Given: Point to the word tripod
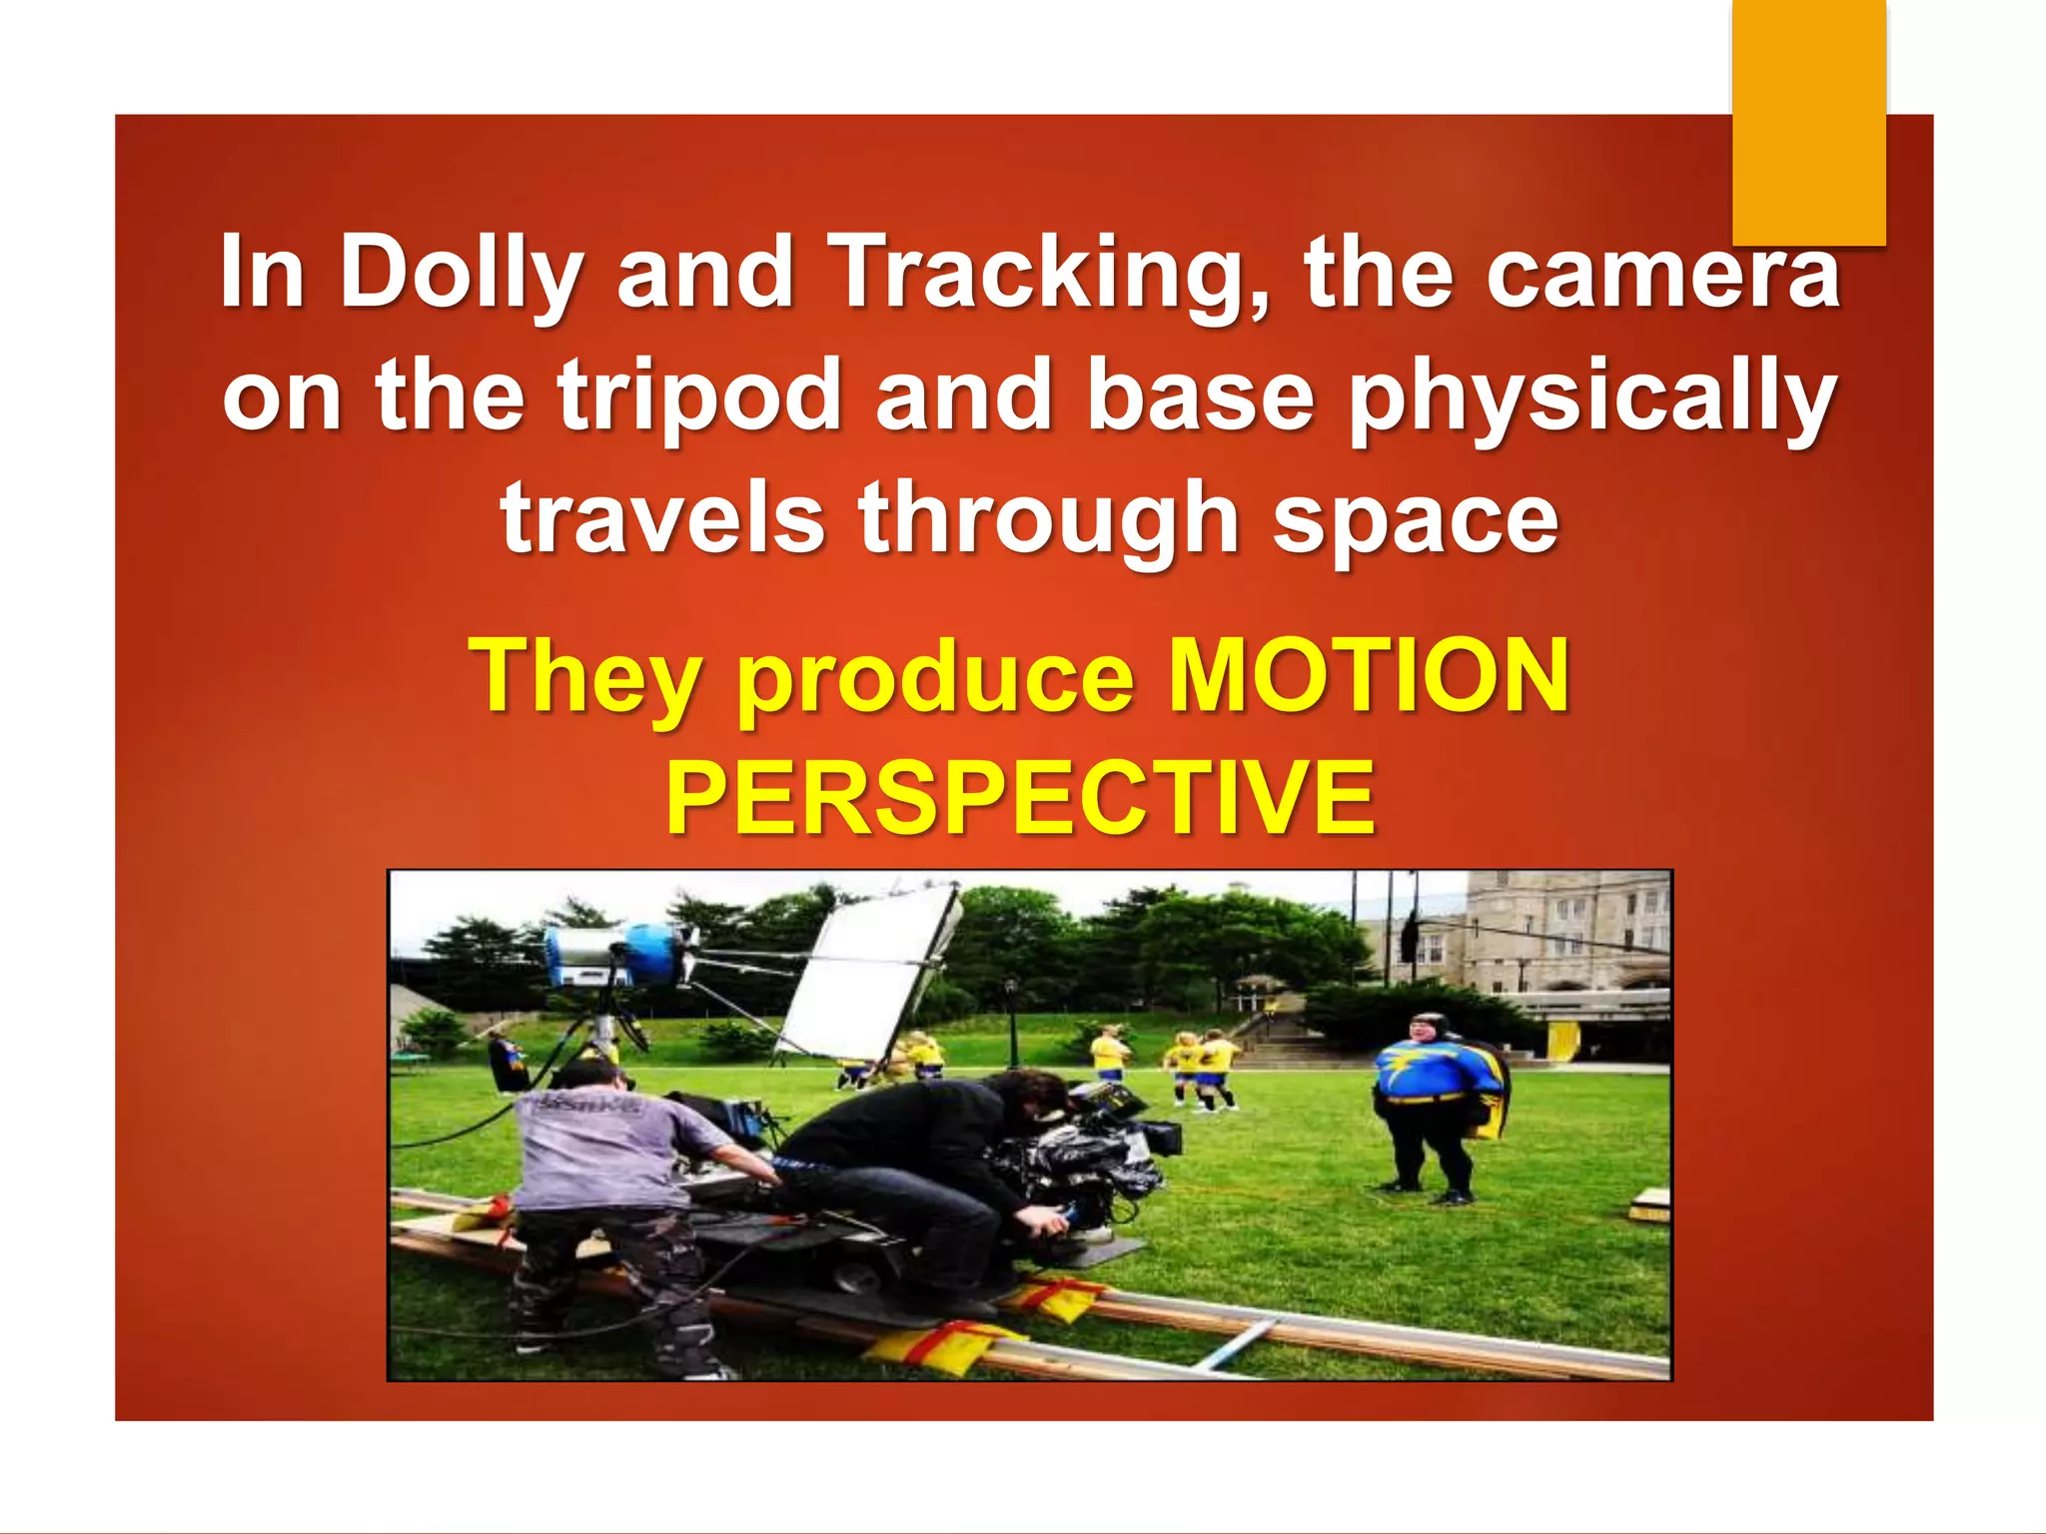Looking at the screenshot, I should tap(698, 397).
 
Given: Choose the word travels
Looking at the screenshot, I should tap(662, 519).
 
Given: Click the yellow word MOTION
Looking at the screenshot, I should tap(1369, 676).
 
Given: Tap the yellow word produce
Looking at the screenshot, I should tap(936, 678).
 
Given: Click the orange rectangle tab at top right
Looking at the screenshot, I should tap(1808, 120).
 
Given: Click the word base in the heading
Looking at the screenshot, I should tap(1200, 397).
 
